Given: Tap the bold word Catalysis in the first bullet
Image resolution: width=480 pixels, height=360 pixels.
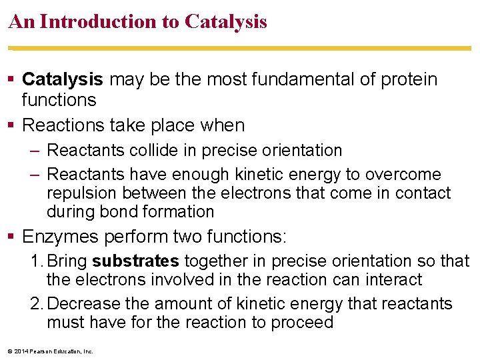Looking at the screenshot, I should click(x=62, y=79).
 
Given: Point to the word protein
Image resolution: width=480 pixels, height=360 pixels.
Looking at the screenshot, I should click(x=409, y=79).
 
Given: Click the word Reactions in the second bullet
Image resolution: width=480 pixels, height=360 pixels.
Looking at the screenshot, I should click(x=60, y=125).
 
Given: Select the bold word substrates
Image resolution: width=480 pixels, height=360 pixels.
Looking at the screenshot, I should click(x=136, y=261).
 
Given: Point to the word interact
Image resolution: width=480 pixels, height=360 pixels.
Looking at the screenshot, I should click(x=393, y=279).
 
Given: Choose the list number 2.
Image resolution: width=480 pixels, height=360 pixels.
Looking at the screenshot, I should click(x=36, y=304).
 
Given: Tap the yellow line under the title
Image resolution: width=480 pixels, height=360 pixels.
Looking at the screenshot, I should click(x=240, y=48).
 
